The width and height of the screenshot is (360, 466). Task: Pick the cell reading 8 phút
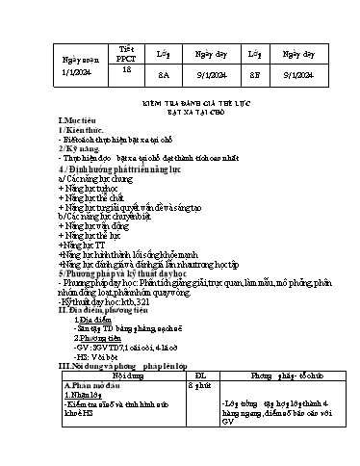click(199, 382)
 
